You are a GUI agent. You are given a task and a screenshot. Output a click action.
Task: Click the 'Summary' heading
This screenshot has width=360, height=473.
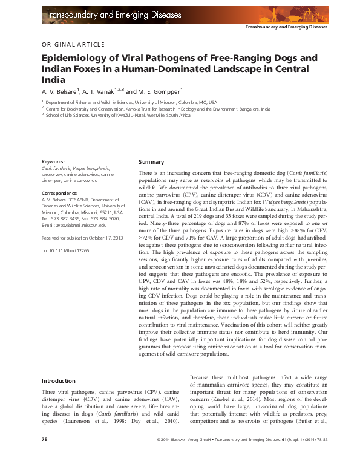tap(151, 162)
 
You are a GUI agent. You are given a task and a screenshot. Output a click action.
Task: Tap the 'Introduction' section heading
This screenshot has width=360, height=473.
tap(58, 381)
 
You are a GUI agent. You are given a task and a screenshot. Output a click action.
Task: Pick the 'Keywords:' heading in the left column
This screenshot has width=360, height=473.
tap(53, 162)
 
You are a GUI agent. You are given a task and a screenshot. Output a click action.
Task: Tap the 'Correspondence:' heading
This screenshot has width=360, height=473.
tap(59, 192)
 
